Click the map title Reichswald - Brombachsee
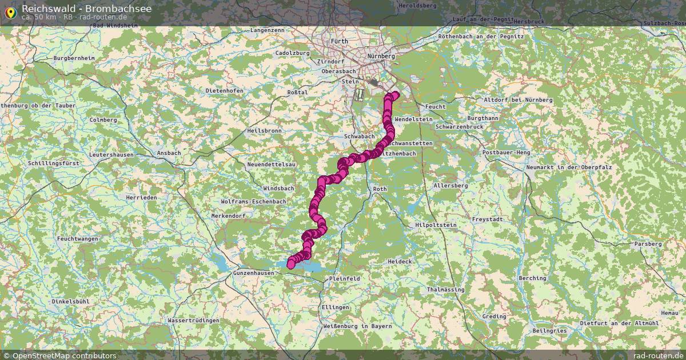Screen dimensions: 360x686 pyautogui.click(x=71, y=8)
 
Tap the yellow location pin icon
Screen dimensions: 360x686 pyautogui.click(x=10, y=11)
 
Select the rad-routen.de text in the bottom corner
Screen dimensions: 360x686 pyautogui.click(x=659, y=355)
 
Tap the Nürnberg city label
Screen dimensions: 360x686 pyautogui.click(x=381, y=57)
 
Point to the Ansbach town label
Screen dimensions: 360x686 pyautogui.click(x=169, y=153)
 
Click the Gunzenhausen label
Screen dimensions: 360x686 pyautogui.click(x=254, y=274)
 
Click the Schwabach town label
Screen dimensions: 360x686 pyautogui.click(x=360, y=137)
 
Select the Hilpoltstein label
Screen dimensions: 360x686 pyautogui.click(x=436, y=226)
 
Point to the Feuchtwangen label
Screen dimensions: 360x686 pyautogui.click(x=78, y=238)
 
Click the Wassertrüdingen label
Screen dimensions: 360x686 pyautogui.click(x=193, y=321)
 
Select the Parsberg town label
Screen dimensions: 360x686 pyautogui.click(x=648, y=244)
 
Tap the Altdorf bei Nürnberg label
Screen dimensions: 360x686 pyautogui.click(x=519, y=100)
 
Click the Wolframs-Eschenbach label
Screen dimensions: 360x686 pyautogui.click(x=253, y=202)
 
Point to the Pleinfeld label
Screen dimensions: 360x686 pyautogui.click(x=344, y=278)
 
